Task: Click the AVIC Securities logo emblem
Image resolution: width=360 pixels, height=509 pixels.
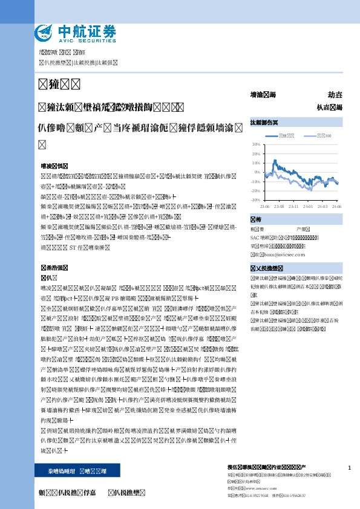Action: tap(43, 33)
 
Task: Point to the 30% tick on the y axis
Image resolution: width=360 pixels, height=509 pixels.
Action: tap(256, 144)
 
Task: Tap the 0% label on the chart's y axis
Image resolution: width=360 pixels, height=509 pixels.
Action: tap(257, 172)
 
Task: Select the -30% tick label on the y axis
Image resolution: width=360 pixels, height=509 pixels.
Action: tap(255, 199)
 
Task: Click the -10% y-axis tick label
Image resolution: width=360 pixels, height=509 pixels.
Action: tap(255, 181)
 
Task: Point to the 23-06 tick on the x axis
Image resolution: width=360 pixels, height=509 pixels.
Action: tap(264, 206)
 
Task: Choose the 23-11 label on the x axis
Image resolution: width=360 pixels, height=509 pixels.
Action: tap(293, 206)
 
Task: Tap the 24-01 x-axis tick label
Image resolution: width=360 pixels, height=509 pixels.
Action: tap(308, 206)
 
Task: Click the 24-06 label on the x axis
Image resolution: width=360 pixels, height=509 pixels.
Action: tap(336, 206)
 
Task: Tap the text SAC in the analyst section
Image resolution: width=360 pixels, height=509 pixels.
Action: tap(255, 238)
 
